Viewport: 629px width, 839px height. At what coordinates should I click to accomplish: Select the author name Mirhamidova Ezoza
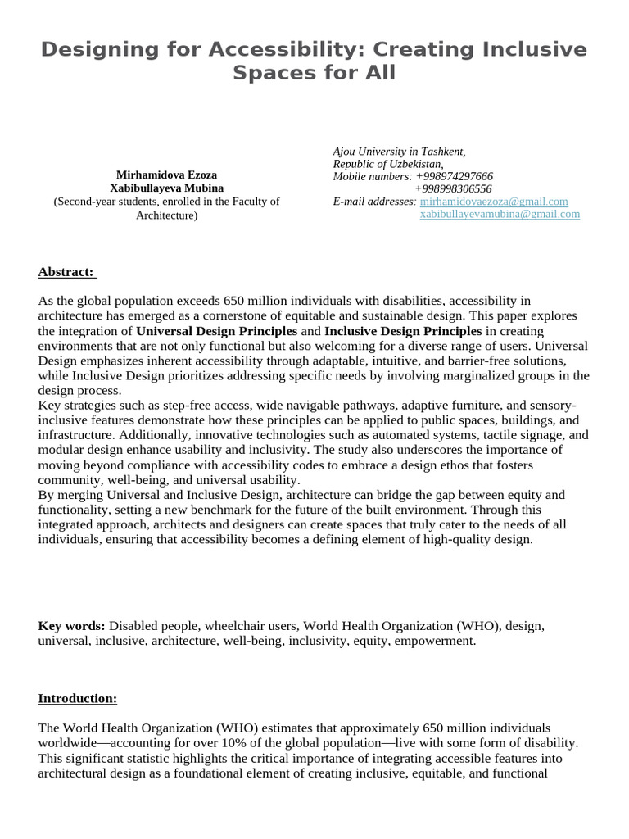(167, 175)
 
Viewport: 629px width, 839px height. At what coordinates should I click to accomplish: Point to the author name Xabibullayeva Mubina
(167, 188)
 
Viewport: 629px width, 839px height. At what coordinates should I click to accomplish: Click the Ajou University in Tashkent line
(399, 152)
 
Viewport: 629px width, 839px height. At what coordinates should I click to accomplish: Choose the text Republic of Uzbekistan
(387, 164)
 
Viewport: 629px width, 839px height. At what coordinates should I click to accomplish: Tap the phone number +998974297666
(454, 176)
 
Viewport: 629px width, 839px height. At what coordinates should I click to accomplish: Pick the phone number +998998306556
(454, 188)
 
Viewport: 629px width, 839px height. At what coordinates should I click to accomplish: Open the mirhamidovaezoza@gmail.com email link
(494, 202)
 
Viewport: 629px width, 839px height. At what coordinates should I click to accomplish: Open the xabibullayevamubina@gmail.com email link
(500, 214)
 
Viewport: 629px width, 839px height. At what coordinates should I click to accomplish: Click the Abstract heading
(66, 272)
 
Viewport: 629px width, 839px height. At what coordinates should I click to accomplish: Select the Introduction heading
(78, 698)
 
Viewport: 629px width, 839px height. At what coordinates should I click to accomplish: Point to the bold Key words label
(71, 626)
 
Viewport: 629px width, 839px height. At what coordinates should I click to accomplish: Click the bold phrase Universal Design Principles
(216, 331)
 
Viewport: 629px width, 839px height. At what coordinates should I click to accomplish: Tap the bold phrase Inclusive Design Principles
(403, 331)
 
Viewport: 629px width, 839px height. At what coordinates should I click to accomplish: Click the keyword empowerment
(433, 641)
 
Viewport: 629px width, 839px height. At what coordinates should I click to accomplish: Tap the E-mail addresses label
(374, 202)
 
